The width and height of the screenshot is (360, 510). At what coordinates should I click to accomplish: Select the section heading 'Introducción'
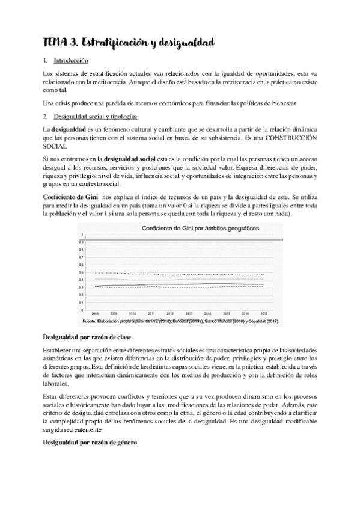71,60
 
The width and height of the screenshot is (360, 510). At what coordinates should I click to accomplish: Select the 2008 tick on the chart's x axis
95,313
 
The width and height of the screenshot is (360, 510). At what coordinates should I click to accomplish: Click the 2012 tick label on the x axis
170,313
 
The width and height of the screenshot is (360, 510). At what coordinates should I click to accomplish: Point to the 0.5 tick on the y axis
81,272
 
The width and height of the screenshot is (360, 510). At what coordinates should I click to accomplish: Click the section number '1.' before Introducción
46,60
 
